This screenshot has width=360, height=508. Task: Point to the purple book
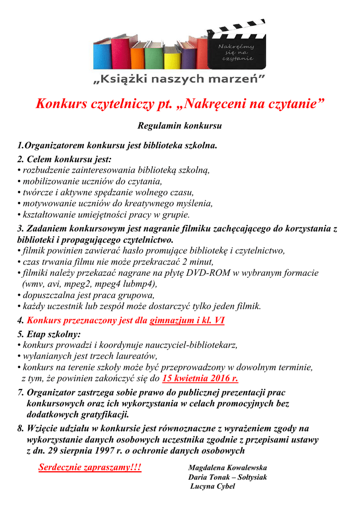pyautogui.click(x=188, y=56)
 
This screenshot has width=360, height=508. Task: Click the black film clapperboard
pyautogui.click(x=236, y=47)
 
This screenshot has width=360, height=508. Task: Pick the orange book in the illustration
pyautogui.click(x=138, y=56)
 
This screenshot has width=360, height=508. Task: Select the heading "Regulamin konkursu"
pyautogui.click(x=179, y=126)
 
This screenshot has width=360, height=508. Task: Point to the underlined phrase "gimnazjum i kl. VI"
pyautogui.click(x=187, y=320)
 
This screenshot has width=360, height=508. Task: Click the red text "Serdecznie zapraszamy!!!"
pyautogui.click(x=90, y=467)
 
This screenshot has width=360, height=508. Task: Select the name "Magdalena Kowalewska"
pyautogui.click(x=227, y=468)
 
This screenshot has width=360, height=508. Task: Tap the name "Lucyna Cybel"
pyautogui.click(x=213, y=486)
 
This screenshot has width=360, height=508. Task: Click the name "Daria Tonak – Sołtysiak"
pyautogui.click(x=227, y=477)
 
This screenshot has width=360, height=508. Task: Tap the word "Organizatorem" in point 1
pyautogui.click(x=54, y=146)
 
